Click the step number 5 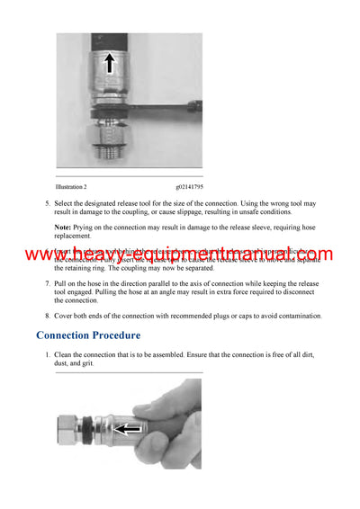[48, 203]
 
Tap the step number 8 [48, 316]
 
